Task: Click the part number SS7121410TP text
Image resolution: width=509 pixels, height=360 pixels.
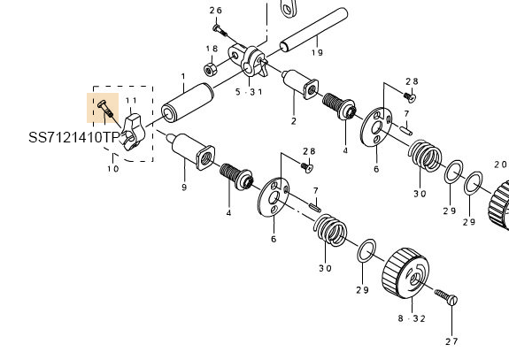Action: point(74,137)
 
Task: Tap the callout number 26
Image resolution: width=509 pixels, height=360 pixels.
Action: point(215,11)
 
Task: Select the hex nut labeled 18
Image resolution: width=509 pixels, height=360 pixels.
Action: point(211,69)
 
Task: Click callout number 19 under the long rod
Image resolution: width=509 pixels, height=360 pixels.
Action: point(317,52)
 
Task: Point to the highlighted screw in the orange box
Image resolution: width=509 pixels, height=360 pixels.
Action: point(105,108)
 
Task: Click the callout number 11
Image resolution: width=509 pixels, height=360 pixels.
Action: point(132,101)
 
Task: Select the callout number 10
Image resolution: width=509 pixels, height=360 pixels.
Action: point(113,169)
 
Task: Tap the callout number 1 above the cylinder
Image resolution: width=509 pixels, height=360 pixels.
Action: point(183,77)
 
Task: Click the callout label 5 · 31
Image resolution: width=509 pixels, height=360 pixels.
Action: point(249,92)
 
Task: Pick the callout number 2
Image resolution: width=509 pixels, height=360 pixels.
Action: point(294,121)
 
